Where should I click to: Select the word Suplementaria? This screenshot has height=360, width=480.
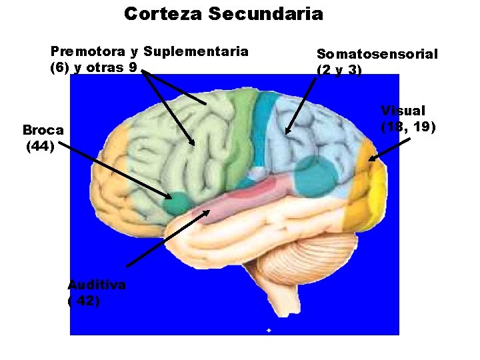196,52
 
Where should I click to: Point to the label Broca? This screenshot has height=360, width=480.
43,130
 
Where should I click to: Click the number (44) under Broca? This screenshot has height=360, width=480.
40,147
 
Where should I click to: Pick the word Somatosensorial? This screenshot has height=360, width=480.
377,55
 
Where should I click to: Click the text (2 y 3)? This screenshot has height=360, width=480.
339,70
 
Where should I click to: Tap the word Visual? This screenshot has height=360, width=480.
403,111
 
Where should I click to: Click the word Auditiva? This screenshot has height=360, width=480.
97,285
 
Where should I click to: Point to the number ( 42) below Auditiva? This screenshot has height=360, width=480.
84,301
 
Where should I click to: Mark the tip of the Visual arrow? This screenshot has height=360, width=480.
369,161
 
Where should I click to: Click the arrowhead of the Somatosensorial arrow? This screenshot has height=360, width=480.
287,133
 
